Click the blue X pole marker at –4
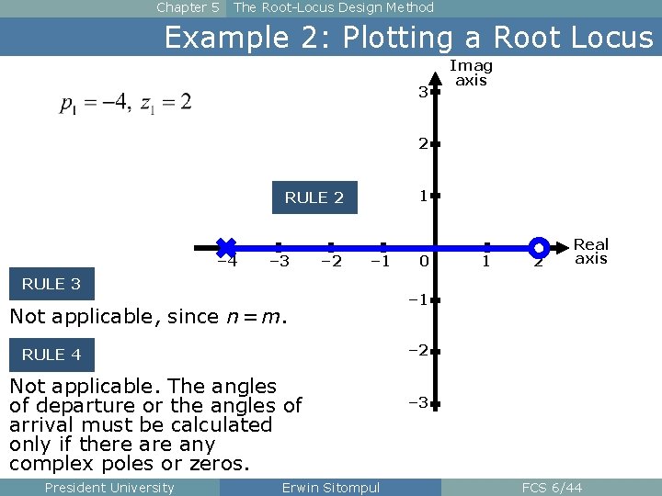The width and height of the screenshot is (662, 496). click(x=226, y=247)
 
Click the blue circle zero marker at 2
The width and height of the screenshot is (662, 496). click(x=540, y=247)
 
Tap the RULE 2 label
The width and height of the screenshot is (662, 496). click(x=314, y=197)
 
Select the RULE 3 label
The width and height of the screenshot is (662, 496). click(x=51, y=284)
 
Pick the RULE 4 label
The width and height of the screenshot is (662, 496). click(x=51, y=355)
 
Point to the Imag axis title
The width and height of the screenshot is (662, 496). click(x=471, y=73)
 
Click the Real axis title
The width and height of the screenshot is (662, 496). click(x=591, y=251)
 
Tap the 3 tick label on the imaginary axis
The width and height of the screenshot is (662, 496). click(x=422, y=92)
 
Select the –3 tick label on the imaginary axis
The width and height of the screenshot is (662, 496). click(x=417, y=402)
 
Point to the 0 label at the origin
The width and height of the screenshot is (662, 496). click(x=422, y=262)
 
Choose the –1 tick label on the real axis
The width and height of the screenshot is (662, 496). click(x=380, y=262)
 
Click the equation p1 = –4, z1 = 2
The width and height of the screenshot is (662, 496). click(x=126, y=103)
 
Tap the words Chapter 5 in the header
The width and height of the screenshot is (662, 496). click(x=188, y=7)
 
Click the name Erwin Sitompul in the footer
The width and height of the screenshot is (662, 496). click(x=331, y=488)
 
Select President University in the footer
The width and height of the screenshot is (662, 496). click(x=109, y=488)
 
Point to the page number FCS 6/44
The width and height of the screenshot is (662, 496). click(x=552, y=488)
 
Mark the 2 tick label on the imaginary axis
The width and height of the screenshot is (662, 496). click(x=422, y=144)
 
